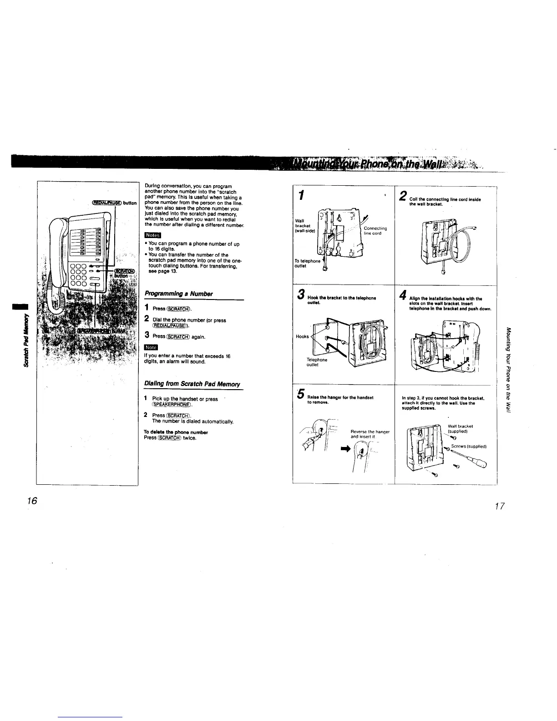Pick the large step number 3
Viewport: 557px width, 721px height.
tap(301, 297)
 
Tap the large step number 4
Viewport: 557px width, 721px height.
tap(402, 297)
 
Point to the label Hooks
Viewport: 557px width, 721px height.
tap(302, 337)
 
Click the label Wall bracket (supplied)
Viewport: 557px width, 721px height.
tap(461, 429)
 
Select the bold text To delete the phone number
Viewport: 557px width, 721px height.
tap(169, 432)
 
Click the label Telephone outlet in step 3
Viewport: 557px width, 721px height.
tap(317, 362)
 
